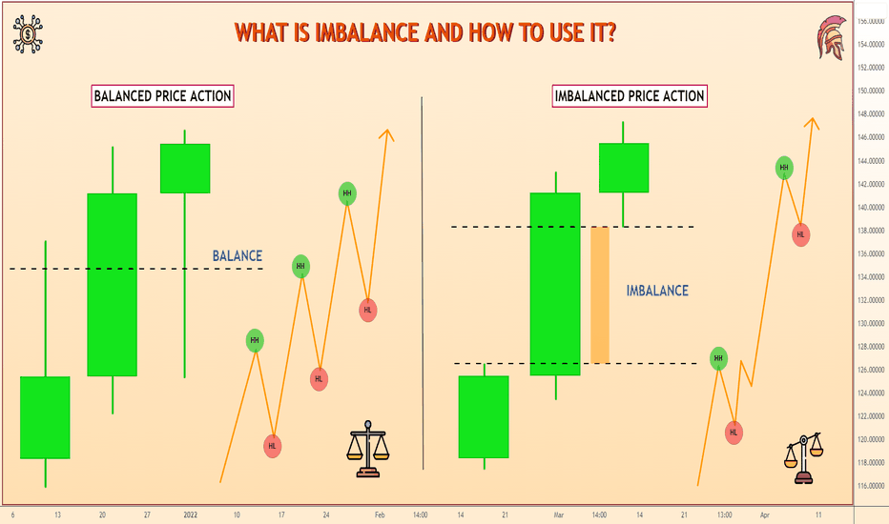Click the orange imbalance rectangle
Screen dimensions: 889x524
600,295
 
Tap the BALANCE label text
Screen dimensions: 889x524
237,256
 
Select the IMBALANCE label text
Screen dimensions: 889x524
657,291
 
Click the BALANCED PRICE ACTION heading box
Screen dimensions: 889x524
163,96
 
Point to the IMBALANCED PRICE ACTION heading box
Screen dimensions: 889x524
630,96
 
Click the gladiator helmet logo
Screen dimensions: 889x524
831,37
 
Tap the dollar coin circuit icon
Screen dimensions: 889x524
28,34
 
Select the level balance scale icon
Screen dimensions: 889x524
368,449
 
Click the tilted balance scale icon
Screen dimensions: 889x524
803,457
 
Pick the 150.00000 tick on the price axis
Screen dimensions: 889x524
871,91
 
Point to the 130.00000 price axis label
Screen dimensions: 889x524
871,324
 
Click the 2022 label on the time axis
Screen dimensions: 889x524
191,514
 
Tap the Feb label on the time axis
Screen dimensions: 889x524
380,514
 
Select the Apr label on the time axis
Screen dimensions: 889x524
765,514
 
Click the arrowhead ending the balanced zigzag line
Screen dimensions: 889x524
386,135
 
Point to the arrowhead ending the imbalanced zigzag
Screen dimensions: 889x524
813,123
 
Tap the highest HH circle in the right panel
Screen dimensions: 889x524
784,168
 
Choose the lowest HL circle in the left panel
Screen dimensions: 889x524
273,447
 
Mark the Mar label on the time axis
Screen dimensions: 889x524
559,514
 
